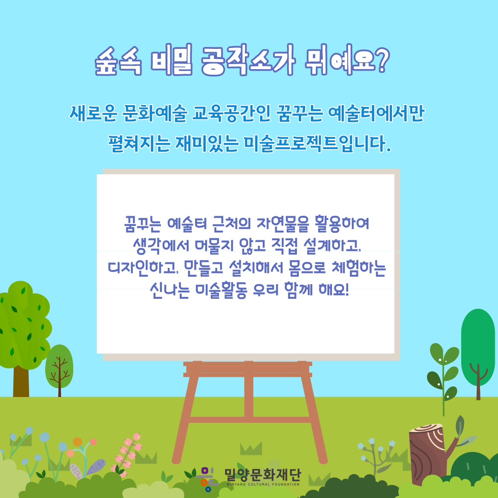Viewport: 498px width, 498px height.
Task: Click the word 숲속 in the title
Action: click(118, 61)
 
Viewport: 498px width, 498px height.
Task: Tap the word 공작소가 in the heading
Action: click(248, 60)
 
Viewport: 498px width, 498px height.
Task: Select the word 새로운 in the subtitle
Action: click(93, 113)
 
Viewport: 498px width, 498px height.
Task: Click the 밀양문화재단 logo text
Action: click(262, 474)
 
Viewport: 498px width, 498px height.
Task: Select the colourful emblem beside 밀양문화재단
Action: click(207, 479)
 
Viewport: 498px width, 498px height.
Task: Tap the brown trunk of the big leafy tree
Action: click(21, 381)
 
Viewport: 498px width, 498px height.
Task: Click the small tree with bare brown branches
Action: click(59, 370)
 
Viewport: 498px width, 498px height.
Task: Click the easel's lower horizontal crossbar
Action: click(249, 420)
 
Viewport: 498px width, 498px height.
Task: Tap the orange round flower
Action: click(77, 442)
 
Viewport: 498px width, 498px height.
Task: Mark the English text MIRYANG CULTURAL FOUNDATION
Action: click(263, 484)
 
